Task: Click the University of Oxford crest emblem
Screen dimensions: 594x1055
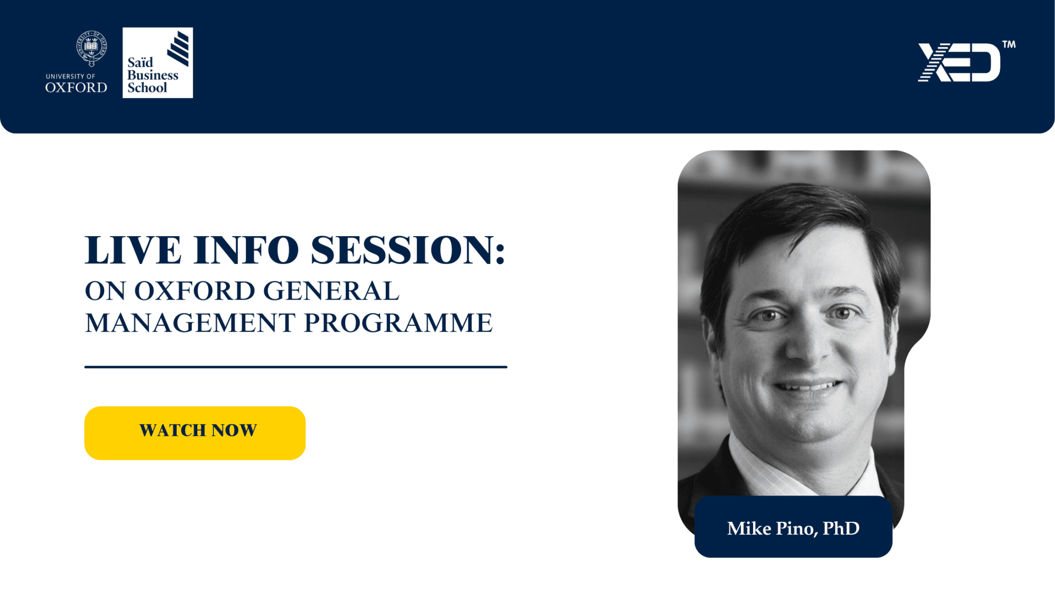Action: pyautogui.click(x=91, y=47)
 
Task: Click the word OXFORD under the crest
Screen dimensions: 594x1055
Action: pyautogui.click(x=76, y=88)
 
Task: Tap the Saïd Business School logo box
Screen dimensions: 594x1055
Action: pyautogui.click(x=158, y=63)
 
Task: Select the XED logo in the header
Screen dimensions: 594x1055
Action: pyautogui.click(x=959, y=62)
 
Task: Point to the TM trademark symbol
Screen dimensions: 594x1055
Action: pyautogui.click(x=1009, y=45)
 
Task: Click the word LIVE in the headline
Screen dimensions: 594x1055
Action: pyautogui.click(x=133, y=251)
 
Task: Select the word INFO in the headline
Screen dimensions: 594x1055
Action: pyautogui.click(x=246, y=251)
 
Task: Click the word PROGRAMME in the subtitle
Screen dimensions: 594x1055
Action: pyautogui.click(x=398, y=323)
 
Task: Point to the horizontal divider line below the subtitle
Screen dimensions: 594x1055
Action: pyautogui.click(x=296, y=367)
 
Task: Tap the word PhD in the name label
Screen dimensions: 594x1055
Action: pyautogui.click(x=841, y=529)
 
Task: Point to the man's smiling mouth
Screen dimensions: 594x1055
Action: pyautogui.click(x=807, y=387)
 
